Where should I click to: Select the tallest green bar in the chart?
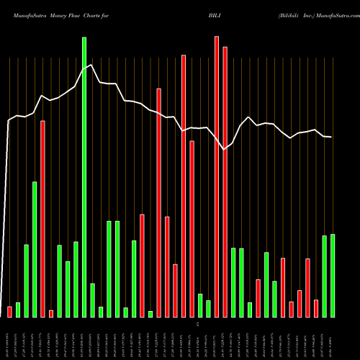84,176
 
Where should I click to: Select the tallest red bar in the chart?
217,176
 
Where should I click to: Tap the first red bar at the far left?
9,311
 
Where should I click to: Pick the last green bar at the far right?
333,275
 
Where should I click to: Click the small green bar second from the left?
18,310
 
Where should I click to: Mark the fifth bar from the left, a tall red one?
42,219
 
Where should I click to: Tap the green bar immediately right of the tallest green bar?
92,300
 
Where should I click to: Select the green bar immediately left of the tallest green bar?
76,279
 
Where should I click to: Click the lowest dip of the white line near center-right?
225,150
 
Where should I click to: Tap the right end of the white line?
331,137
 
